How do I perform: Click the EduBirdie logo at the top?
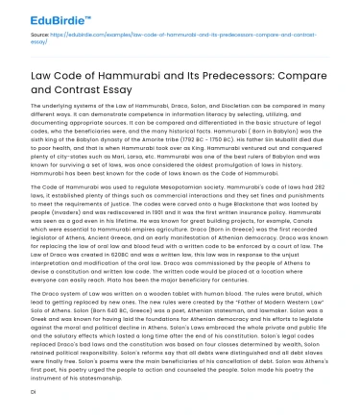pos(42,16)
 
